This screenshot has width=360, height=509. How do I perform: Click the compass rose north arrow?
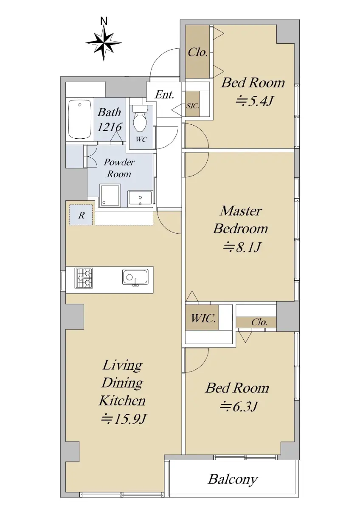[x=104, y=43]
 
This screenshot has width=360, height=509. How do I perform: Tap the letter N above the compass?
[x=104, y=21]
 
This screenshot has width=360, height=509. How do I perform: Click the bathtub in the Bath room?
[x=79, y=120]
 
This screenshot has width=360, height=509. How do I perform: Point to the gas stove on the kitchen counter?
[x=84, y=278]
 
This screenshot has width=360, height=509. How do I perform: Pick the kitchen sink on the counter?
[x=135, y=277]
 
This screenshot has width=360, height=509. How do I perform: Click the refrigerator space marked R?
[x=81, y=215]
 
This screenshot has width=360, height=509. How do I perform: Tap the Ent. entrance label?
[x=164, y=95]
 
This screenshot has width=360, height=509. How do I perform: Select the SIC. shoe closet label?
[x=193, y=106]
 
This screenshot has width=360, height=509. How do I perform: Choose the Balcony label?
[x=233, y=472]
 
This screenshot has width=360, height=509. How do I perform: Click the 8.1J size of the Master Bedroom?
[x=241, y=247]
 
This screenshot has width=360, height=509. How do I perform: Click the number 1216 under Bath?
[x=110, y=127]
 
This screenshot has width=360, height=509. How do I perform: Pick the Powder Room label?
[x=119, y=168]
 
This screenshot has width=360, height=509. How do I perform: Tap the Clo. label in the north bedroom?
[x=197, y=53]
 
